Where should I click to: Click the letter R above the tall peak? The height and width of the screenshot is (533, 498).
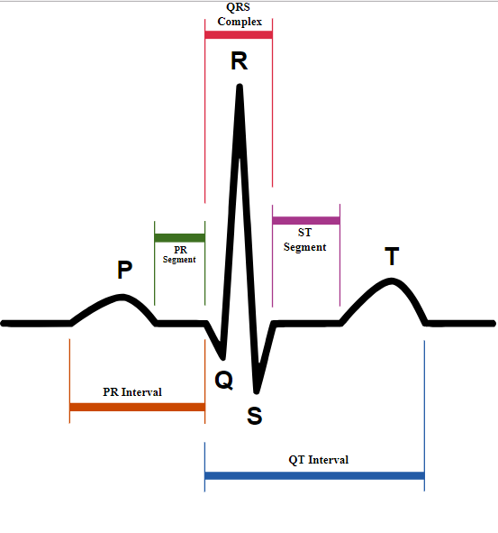pos(239,60)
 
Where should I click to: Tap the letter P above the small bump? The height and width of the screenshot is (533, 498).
pos(124,270)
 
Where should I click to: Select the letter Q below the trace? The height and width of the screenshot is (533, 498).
pos(224,380)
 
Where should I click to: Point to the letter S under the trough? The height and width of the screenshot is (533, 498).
pos(255,416)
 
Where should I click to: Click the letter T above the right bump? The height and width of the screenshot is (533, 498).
pos(392,256)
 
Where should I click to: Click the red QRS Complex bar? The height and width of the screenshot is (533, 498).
pos(239,34)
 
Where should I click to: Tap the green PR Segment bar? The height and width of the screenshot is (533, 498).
pos(179,238)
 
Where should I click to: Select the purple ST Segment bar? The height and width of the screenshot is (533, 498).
pos(306,220)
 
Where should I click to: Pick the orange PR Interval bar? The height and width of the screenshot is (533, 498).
pos(137,407)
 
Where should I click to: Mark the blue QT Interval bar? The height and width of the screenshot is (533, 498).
pos(314,475)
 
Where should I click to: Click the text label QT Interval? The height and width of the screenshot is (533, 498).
pos(319,460)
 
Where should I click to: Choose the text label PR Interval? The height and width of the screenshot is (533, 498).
pos(132,392)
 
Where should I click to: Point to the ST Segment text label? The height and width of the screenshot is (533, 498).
pos(305,240)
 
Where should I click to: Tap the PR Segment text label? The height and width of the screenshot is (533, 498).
pos(179,254)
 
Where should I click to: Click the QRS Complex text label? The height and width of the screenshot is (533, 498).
pos(240,14)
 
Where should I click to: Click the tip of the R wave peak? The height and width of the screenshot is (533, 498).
pos(240,86)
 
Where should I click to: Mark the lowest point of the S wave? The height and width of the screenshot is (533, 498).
pos(257,392)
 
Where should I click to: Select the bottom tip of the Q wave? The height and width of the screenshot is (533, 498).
pos(223,358)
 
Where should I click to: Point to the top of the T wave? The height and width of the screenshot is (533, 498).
pos(392,280)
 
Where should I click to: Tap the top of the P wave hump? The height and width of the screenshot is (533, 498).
pos(122,297)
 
